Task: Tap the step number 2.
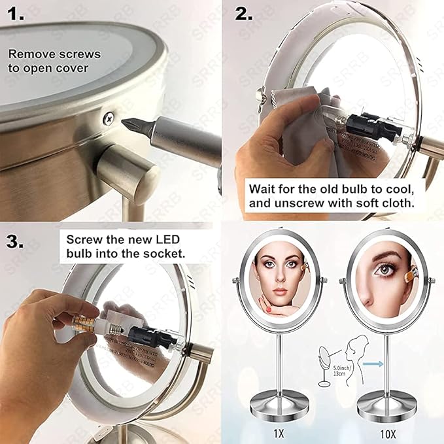coord(247,14)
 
